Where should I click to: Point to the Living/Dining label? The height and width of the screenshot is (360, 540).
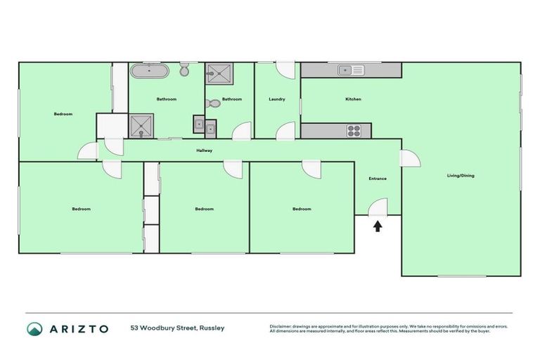(x=461, y=175)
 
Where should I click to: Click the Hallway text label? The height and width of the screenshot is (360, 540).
(x=204, y=150)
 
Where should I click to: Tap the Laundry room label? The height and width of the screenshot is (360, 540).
(x=276, y=99)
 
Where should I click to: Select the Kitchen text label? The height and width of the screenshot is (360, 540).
(x=353, y=99)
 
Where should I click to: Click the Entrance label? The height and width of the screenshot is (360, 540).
(x=378, y=179)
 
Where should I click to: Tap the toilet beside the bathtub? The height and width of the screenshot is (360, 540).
(x=184, y=70)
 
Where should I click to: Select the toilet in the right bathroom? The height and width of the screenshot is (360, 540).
(x=212, y=103)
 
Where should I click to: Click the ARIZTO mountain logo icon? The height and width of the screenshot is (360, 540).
(x=34, y=328)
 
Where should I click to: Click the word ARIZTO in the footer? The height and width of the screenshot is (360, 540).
(x=79, y=328)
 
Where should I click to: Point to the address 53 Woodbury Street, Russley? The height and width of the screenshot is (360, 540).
(x=177, y=328)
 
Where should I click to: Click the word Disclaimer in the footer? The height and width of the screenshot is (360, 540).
(x=282, y=326)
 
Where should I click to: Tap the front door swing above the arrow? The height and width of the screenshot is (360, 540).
(x=378, y=207)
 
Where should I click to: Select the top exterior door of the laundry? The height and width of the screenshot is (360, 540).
(x=285, y=69)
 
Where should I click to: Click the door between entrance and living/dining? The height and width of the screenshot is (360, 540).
(x=409, y=157)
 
